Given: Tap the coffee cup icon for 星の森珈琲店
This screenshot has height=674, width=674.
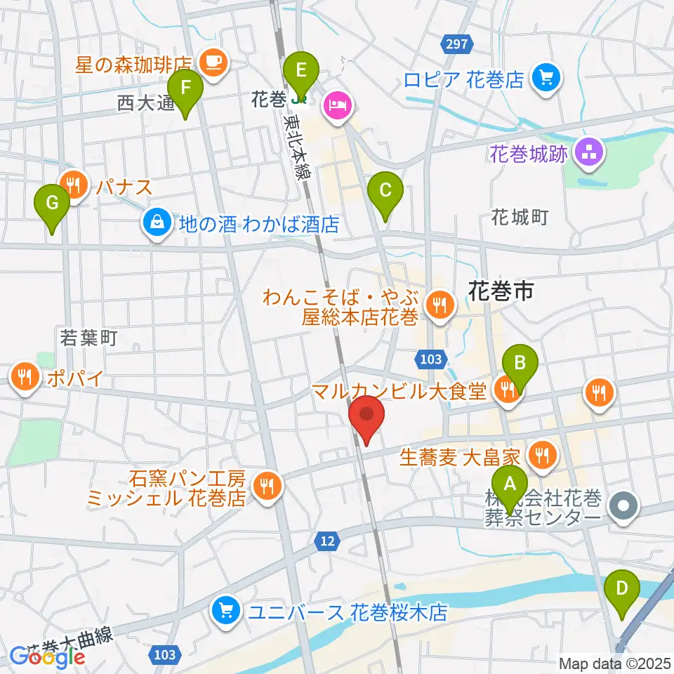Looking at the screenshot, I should (x=213, y=62).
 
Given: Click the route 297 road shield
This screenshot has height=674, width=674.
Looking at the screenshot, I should (x=456, y=44).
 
